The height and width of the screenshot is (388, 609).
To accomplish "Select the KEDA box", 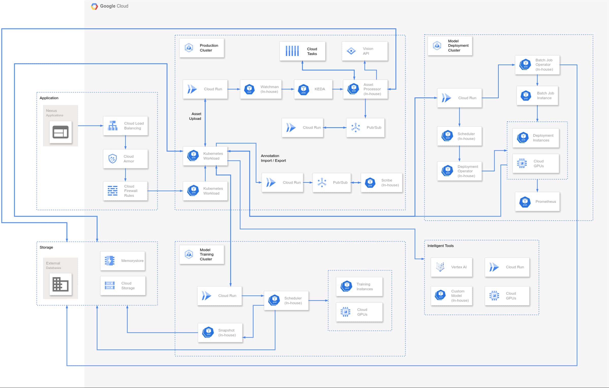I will (313, 89).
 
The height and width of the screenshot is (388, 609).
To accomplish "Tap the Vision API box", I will (365, 51).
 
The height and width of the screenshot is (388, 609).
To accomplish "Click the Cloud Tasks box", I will (302, 51).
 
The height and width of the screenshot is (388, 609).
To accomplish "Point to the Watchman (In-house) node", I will (261, 89).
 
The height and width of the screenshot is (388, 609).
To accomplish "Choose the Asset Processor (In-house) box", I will (365, 89).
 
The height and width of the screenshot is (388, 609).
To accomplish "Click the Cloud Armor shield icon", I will (112, 159).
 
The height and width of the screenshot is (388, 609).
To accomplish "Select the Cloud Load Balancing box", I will (125, 126).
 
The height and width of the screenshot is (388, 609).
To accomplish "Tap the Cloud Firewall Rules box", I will (125, 191).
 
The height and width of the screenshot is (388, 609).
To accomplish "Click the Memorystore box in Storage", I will (123, 261).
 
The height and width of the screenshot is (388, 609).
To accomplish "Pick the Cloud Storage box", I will (123, 286).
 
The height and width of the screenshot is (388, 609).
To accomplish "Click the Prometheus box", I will (537, 202).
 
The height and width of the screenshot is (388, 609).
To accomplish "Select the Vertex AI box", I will (451, 267).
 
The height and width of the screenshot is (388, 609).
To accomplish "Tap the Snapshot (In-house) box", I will (220, 333).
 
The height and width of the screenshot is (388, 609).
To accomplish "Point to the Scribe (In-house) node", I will (381, 183).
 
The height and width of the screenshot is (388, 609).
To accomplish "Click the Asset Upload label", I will (195, 116).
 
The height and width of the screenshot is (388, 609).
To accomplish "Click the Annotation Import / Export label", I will (273, 158).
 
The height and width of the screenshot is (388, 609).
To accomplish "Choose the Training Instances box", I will (359, 287).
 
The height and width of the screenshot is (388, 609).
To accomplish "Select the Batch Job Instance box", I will (537, 96).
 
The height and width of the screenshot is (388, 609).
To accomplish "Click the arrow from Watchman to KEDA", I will (288, 89).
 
